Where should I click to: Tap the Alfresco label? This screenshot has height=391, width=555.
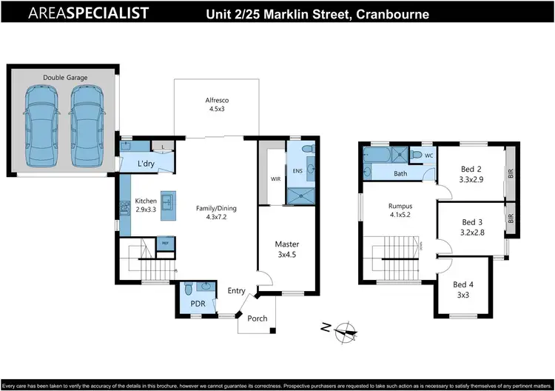[x=215, y=104]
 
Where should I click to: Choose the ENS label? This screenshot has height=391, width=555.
[x=297, y=172]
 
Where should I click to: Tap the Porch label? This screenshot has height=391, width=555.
[x=257, y=318]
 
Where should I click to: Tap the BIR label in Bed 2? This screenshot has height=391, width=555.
[x=510, y=174]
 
